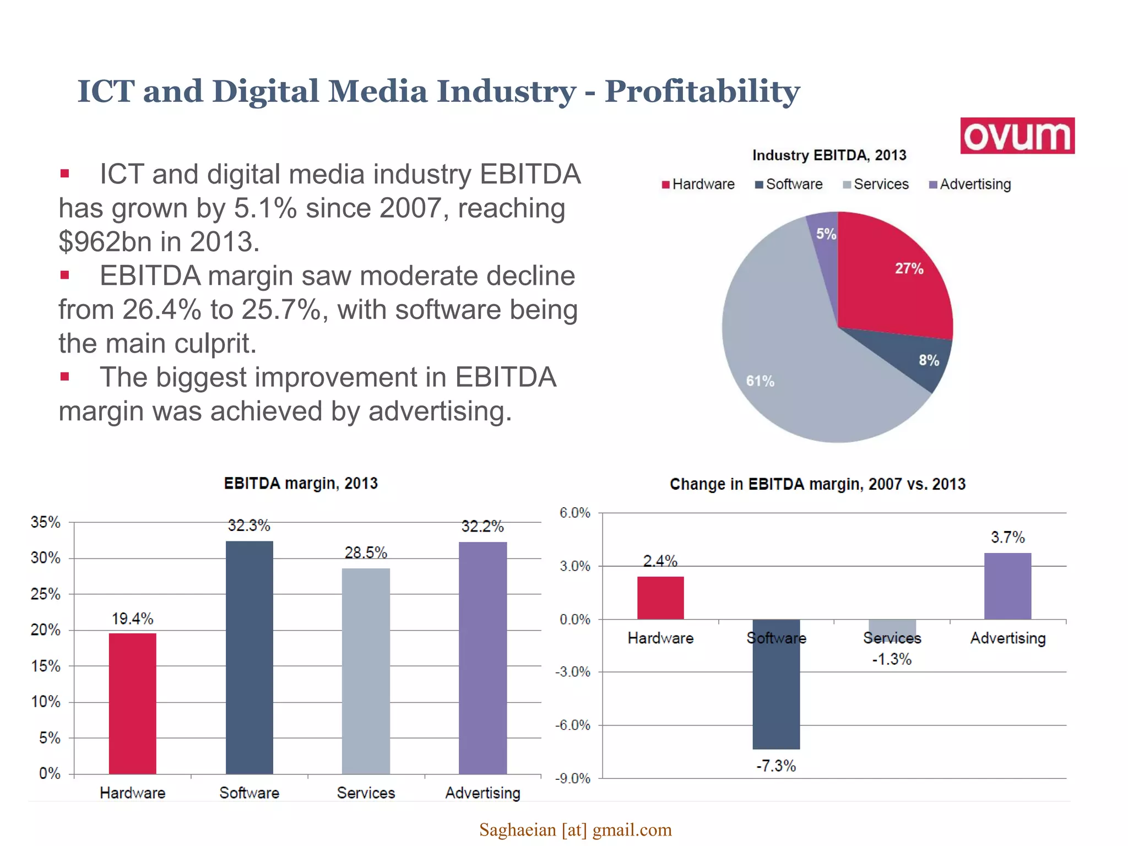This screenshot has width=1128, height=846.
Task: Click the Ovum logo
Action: tap(1017, 135)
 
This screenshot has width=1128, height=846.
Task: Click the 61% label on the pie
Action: tap(760, 381)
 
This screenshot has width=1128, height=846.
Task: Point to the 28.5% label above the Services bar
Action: tap(366, 552)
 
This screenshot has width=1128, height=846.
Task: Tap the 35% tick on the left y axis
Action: tap(45, 522)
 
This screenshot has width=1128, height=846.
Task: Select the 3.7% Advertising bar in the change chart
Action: tap(1007, 586)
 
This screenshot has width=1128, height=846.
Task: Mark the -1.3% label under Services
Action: tap(892, 659)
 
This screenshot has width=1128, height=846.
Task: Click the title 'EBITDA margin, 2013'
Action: tap(301, 484)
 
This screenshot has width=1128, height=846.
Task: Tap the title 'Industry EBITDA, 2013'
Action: tap(829, 155)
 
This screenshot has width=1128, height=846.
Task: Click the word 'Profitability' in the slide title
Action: tap(702, 91)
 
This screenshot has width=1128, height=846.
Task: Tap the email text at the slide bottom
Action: tap(575, 829)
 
